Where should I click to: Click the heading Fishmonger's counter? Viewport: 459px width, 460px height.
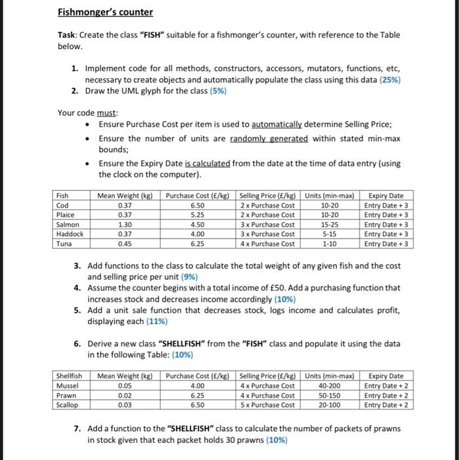[105, 12]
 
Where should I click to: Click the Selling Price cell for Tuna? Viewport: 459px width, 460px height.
[267, 243]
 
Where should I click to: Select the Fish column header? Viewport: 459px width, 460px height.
[63, 195]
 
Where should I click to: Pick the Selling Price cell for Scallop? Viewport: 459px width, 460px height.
[267, 405]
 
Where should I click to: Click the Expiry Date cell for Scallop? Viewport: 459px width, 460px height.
[387, 405]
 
